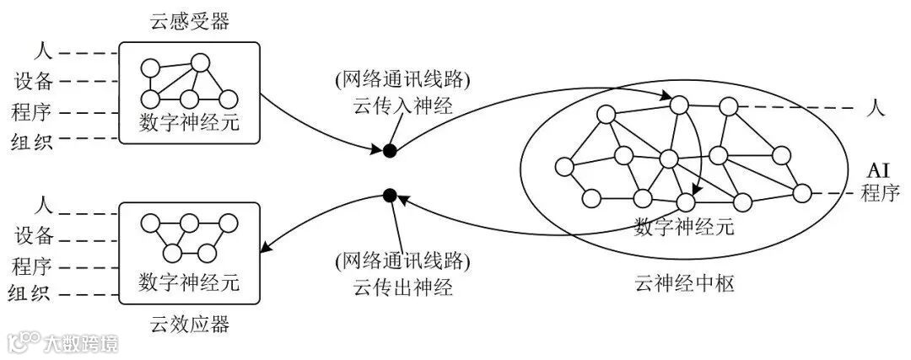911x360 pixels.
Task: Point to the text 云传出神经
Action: (x=402, y=287)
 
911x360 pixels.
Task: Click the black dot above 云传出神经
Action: (x=390, y=196)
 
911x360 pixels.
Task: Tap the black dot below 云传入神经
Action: (x=390, y=151)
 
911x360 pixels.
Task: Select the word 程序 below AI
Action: (x=881, y=194)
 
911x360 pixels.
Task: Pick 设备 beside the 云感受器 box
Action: (x=35, y=82)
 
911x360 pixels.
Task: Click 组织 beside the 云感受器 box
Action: (x=35, y=141)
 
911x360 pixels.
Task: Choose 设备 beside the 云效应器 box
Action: (x=35, y=234)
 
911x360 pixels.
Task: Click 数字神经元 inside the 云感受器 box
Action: (x=189, y=123)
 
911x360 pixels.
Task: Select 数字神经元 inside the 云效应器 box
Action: (x=189, y=280)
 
